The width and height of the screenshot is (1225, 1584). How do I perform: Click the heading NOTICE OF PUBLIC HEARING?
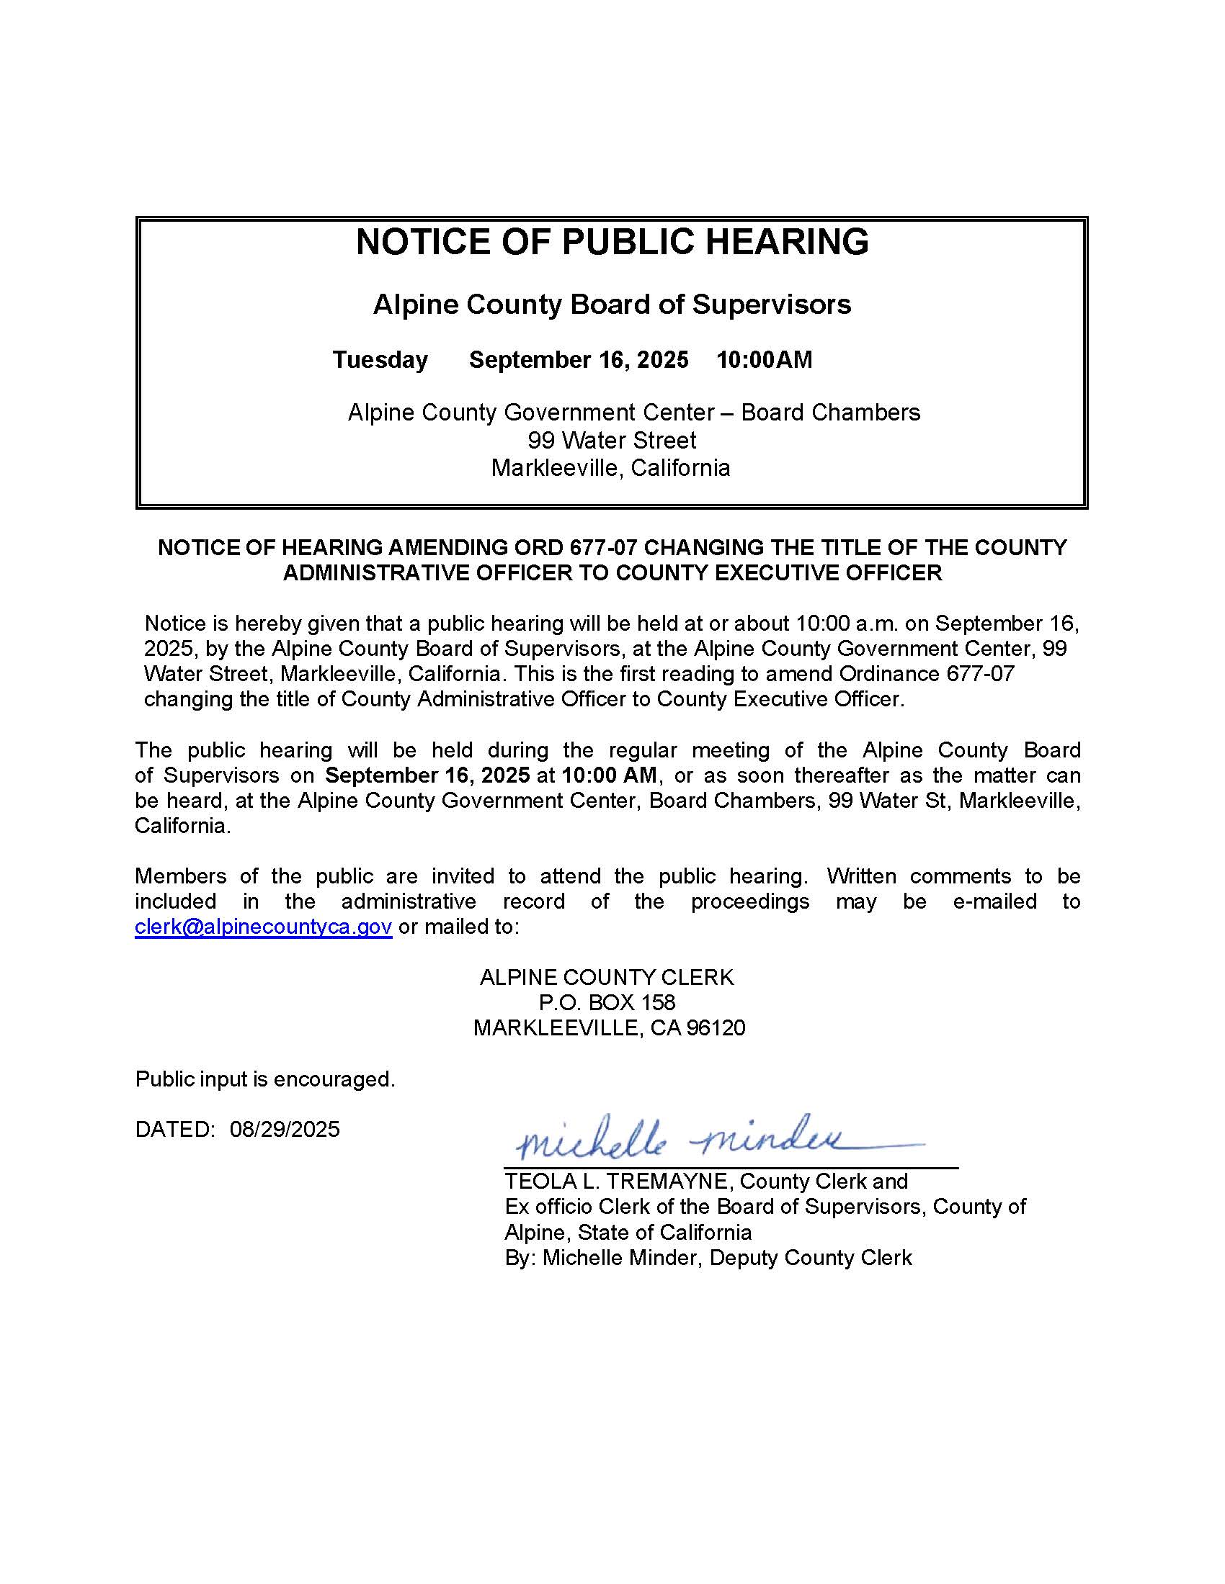[x=612, y=241]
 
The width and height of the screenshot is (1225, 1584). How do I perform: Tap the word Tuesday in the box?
[x=380, y=360]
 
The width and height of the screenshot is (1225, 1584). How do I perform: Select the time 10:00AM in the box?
[x=764, y=360]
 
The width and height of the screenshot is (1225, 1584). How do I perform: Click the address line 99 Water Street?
[x=612, y=440]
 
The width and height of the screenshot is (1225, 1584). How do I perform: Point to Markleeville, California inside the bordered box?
[x=610, y=468]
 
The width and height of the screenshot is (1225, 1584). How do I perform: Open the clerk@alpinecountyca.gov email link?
[x=264, y=927]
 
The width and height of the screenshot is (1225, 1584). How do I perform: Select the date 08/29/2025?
[x=285, y=1129]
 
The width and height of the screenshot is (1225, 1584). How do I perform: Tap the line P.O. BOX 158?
[x=607, y=1002]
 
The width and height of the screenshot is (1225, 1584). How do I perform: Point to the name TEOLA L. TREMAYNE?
[x=619, y=1182]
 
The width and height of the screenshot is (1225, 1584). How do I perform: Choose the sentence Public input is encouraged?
[x=265, y=1079]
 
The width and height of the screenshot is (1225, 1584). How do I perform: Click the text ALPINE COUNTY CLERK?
[x=607, y=977]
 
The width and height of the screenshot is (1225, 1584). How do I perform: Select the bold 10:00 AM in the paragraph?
[x=609, y=775]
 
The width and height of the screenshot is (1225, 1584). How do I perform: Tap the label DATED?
[x=175, y=1129]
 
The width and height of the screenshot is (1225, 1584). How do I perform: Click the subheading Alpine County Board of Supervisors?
[x=612, y=305]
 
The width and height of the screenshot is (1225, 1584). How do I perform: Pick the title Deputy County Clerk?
[x=811, y=1258]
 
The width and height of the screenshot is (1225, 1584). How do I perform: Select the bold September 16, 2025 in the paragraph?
[x=427, y=775]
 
